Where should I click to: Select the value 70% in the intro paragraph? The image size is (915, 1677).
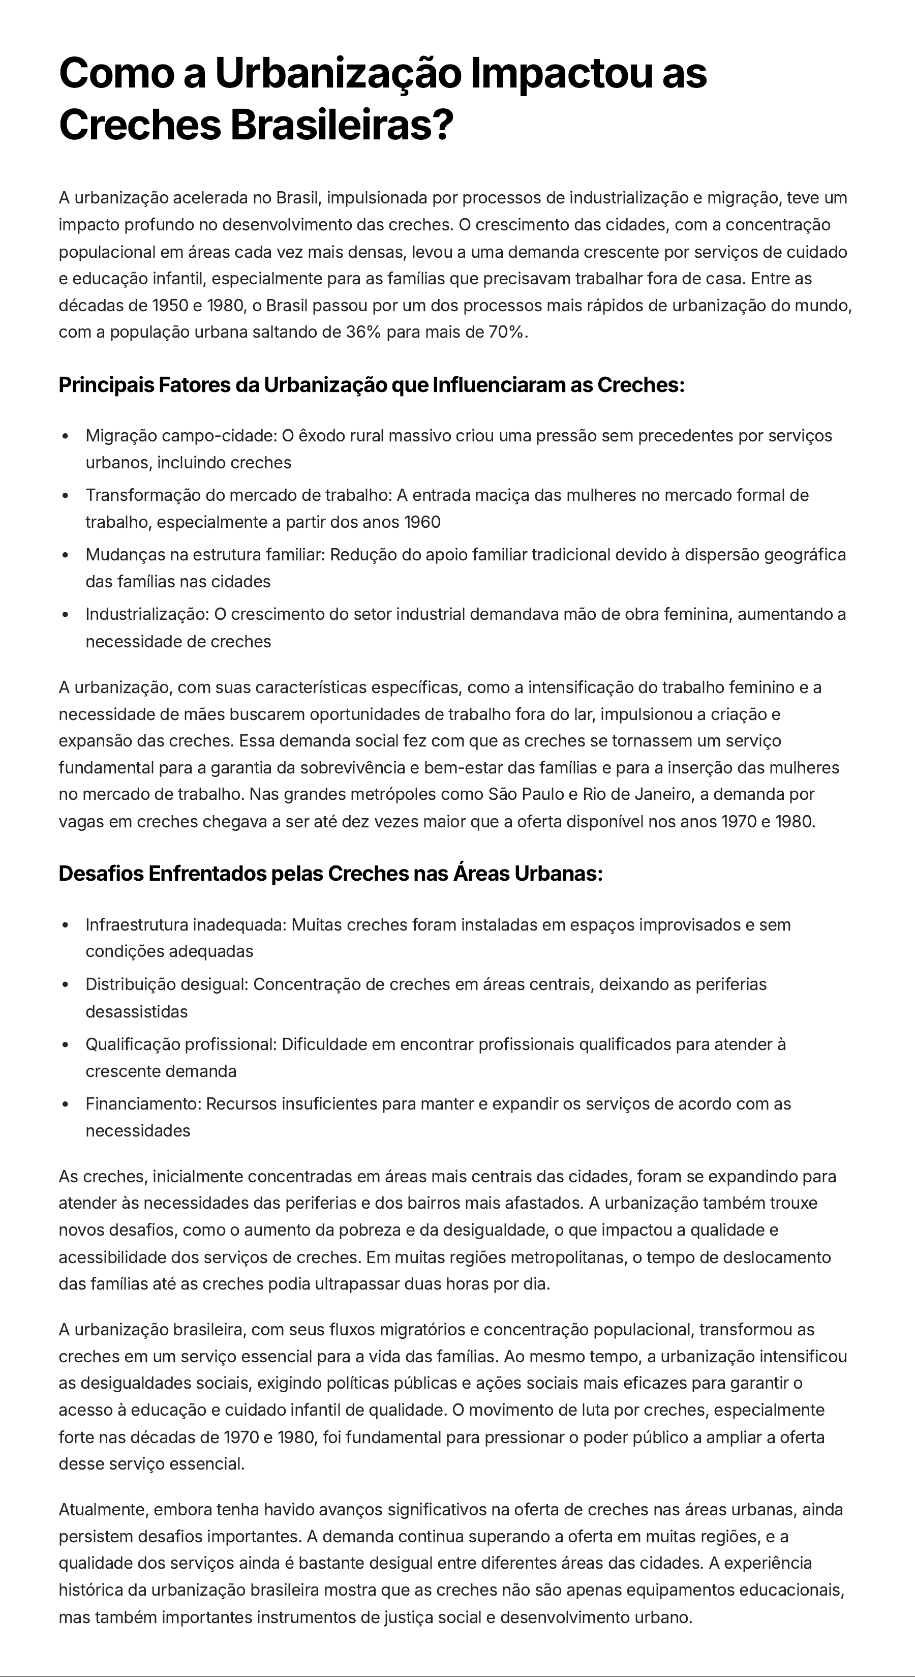click(x=506, y=333)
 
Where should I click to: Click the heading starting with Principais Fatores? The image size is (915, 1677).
click(x=371, y=385)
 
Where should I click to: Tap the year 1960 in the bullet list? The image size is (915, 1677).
click(x=422, y=522)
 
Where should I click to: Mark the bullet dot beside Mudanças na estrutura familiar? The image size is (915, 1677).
click(x=65, y=555)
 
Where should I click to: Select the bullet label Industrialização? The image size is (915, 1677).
click(x=147, y=615)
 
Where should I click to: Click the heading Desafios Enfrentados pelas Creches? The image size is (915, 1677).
click(x=330, y=874)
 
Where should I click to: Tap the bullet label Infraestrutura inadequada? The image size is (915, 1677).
click(x=186, y=925)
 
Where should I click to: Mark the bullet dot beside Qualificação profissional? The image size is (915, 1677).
click(x=65, y=1045)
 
